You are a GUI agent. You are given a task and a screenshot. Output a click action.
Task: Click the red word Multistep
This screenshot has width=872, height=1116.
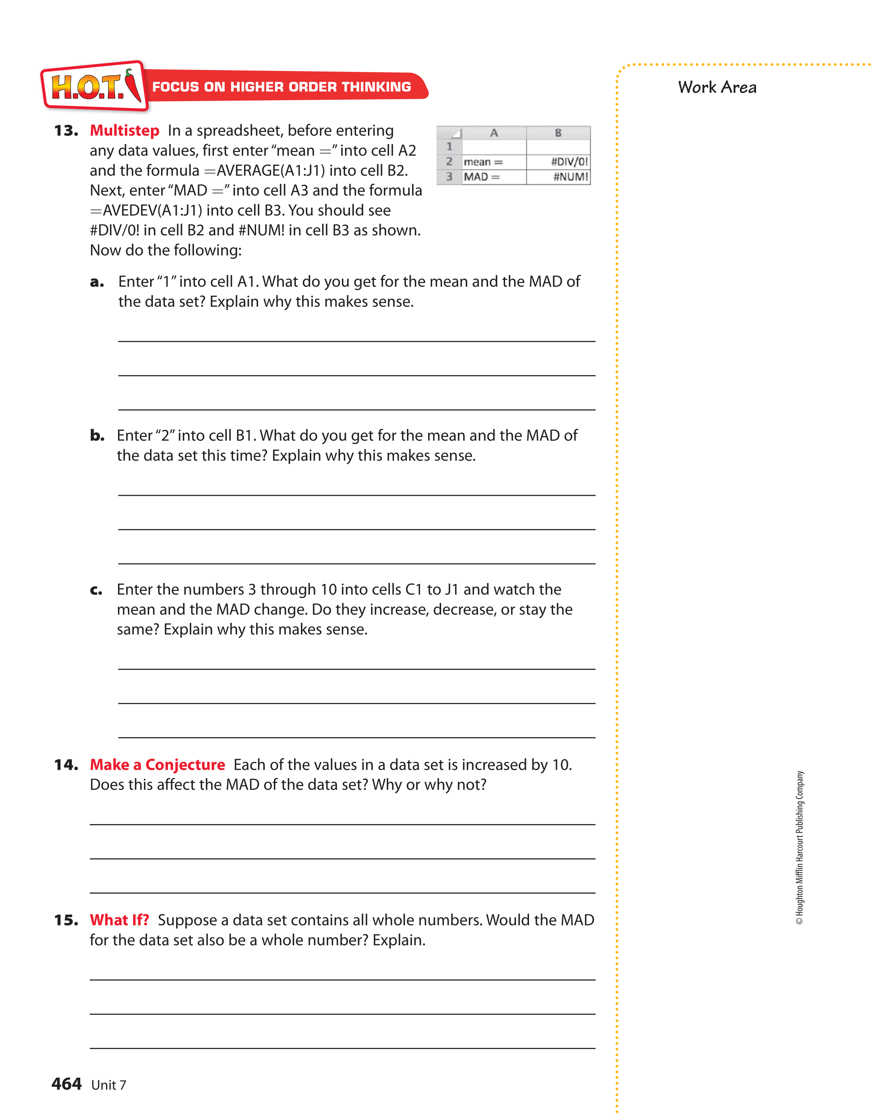coord(124,131)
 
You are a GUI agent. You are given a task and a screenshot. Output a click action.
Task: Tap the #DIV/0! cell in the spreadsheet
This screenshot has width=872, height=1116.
coord(558,162)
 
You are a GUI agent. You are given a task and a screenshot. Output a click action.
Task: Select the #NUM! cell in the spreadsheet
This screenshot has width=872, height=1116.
coord(558,177)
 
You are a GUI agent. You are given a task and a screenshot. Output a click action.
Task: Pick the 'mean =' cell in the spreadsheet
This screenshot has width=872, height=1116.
coord(493,162)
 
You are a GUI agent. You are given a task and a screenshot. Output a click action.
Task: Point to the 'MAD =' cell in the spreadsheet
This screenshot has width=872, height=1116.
coord(493,177)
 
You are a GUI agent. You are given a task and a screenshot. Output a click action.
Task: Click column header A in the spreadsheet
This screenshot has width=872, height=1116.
coord(493,133)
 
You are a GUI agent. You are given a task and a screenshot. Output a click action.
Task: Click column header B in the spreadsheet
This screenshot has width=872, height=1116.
coord(558,133)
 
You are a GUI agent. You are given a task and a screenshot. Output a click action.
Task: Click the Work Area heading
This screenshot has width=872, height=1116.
coord(717,87)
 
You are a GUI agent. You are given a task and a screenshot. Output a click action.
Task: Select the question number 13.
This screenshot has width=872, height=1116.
coord(66,131)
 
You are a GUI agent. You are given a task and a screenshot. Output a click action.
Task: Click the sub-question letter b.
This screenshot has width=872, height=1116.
coord(97,436)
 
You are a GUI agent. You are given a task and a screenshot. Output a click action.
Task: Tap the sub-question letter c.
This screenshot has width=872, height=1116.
coord(96,590)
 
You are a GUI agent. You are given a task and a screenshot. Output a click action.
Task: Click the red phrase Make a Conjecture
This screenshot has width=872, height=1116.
coord(157,765)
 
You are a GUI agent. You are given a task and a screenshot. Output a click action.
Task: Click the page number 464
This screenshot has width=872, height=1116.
coord(66,1084)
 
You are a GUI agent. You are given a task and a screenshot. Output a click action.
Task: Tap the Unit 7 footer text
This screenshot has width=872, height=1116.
coord(108,1085)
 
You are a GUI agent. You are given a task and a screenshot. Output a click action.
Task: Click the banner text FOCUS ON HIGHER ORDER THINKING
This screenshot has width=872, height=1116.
coord(281,87)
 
